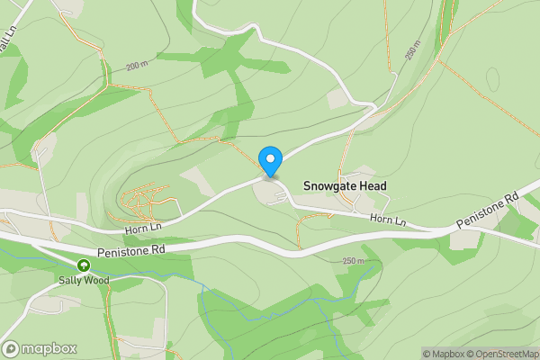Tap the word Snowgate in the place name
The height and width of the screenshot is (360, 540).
pyautogui.click(x=332, y=186)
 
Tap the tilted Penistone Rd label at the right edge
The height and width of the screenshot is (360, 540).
pyautogui.click(x=488, y=210)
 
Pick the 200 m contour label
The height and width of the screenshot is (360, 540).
pyautogui.click(x=137, y=67)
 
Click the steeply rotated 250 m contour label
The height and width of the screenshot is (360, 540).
pyautogui.click(x=413, y=54)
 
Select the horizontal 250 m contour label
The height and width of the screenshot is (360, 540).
pyautogui.click(x=355, y=261)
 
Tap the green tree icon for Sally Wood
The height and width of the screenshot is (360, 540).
pyautogui.click(x=84, y=265)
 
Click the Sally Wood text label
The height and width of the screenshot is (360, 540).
pyautogui.click(x=84, y=280)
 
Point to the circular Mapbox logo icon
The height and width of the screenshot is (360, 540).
pyautogui.click(x=12, y=348)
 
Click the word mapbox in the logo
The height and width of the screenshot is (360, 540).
pyautogui.click(x=49, y=348)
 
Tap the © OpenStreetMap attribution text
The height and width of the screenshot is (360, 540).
pyautogui.click(x=501, y=354)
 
